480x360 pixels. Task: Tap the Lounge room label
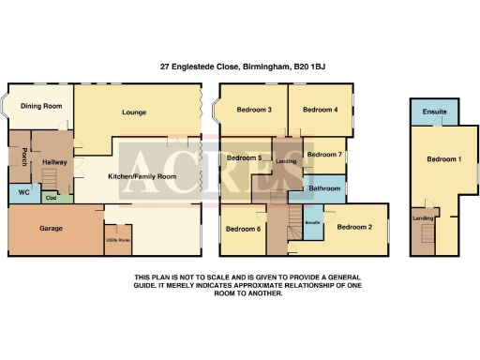(x=135, y=112)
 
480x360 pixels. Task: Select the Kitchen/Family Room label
(x=142, y=176)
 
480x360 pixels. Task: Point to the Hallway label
(x=53, y=162)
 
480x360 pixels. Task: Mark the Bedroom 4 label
(x=322, y=110)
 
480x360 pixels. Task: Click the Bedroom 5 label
(x=244, y=157)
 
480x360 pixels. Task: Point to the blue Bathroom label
(x=324, y=188)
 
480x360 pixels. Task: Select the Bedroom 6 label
(x=242, y=229)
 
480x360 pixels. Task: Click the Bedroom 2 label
(x=355, y=227)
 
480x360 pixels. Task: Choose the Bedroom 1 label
(x=444, y=159)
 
